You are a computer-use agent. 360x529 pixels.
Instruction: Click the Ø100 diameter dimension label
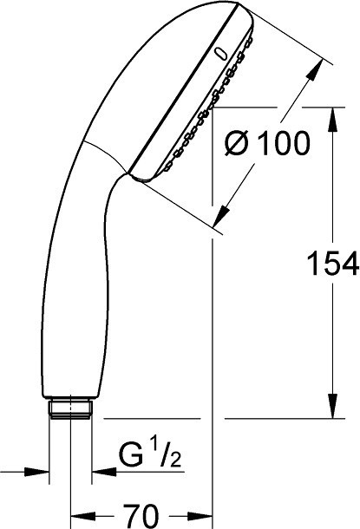(266, 143)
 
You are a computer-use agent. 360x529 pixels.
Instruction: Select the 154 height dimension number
(332, 263)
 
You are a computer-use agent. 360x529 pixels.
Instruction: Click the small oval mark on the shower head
(220, 55)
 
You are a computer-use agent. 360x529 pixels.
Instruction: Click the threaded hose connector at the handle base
(70, 409)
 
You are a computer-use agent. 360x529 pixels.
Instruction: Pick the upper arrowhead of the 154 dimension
(333, 119)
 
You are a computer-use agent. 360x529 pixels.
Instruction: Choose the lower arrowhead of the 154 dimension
(333, 407)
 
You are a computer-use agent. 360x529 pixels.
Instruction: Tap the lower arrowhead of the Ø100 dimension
(220, 216)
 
